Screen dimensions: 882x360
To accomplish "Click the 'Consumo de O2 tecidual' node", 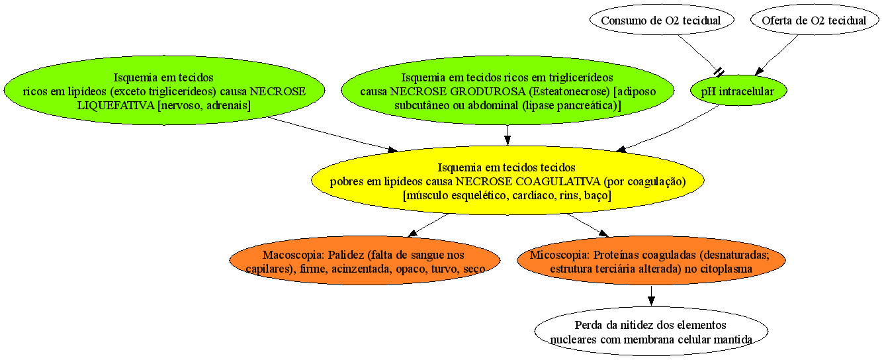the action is [x=662, y=20].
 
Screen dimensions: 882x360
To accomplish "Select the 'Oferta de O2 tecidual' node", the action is [x=814, y=20].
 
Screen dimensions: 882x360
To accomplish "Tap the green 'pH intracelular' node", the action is [x=738, y=91].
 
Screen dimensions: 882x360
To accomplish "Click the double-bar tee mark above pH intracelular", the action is [x=719, y=72].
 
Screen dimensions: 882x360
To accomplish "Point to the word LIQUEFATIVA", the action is [x=116, y=106].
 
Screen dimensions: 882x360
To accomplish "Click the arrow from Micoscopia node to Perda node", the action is [x=651, y=295].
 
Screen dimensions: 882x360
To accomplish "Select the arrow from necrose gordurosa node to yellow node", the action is [x=507, y=135].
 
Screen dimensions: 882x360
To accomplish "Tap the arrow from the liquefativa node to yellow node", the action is [x=333, y=134].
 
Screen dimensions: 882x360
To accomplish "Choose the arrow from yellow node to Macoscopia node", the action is [x=428, y=225].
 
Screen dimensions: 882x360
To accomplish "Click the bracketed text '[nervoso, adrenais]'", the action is [x=204, y=106].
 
